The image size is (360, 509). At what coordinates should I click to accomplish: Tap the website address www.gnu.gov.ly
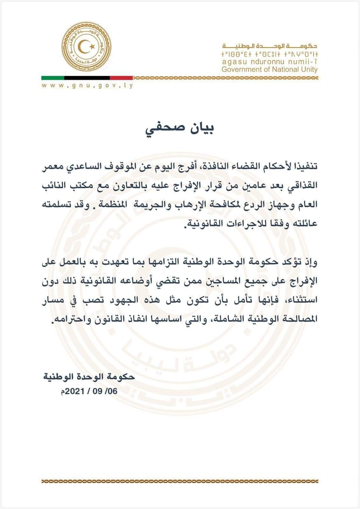point(87,86)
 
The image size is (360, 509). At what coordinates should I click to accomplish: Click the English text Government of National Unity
point(269,69)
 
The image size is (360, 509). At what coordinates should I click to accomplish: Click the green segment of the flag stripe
point(53,78)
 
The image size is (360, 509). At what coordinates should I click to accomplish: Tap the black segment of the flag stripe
point(87,78)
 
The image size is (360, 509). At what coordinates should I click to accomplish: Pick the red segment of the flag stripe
point(121,78)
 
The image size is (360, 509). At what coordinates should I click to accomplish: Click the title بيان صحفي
point(180,129)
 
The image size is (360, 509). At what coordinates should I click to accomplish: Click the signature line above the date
point(89,377)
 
